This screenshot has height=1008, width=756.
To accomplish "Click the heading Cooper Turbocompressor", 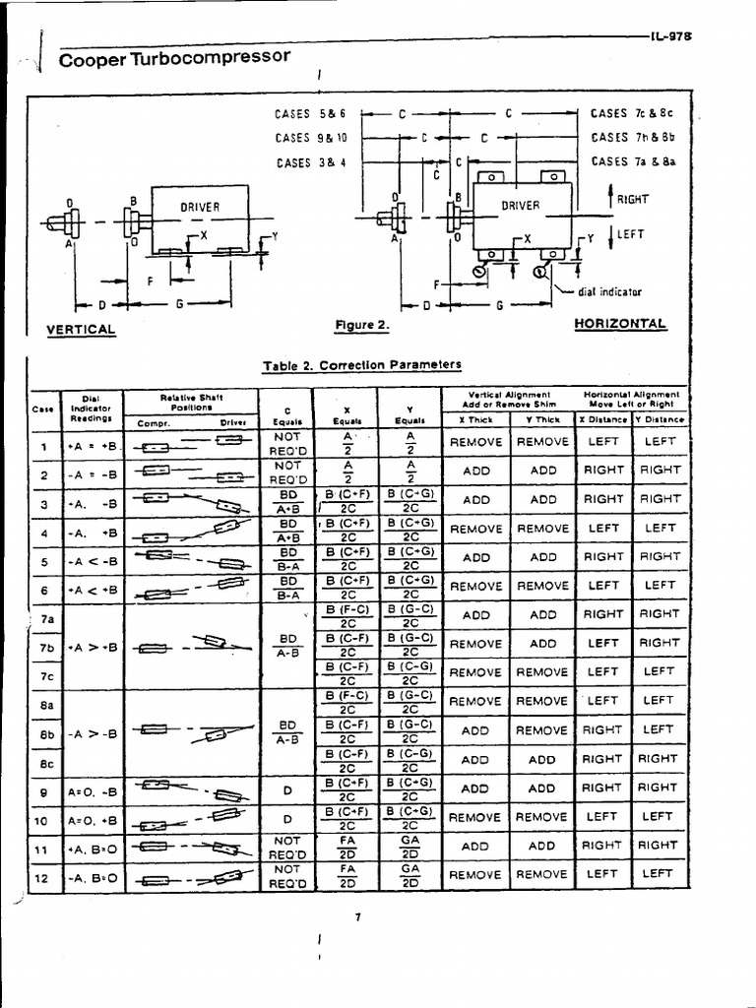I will tap(175, 59).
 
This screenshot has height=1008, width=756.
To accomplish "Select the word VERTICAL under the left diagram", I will tap(81, 330).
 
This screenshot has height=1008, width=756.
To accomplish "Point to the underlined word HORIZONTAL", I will tap(620, 324).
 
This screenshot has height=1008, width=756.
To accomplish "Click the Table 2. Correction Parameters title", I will tap(361, 365).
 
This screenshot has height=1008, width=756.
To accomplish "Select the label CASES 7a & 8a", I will tap(624, 161).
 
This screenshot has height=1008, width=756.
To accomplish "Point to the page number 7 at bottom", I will tap(358, 916).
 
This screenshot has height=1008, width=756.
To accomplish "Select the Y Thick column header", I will tap(542, 419).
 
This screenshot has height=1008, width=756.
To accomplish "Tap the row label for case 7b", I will tap(46, 648).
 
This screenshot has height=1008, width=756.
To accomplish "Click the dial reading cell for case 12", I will tap(94, 874).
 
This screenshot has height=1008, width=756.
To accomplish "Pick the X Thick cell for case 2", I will tap(475, 471).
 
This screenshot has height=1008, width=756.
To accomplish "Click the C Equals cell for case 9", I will tap(286, 787).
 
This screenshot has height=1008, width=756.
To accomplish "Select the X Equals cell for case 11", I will tap(346, 846).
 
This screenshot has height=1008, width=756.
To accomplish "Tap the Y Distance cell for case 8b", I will tap(659, 729).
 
